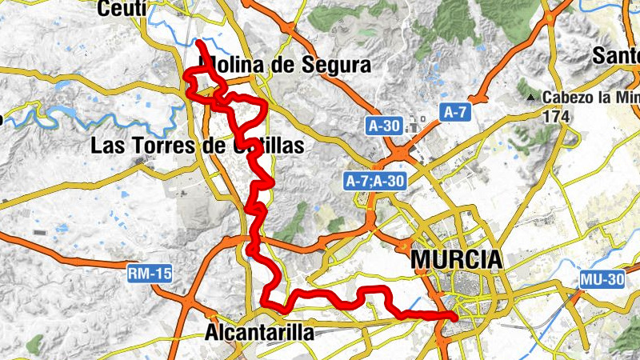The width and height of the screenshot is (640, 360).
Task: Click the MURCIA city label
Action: (456, 260)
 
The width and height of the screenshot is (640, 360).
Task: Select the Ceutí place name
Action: (121, 9)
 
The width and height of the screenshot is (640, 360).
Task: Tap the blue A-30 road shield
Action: (384, 126)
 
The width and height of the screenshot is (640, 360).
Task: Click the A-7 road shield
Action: (455, 113)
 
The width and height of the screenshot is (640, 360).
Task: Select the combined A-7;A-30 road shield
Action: (374, 182)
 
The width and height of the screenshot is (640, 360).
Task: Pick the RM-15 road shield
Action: (150, 274)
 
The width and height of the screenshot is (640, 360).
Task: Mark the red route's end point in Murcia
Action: (454, 318)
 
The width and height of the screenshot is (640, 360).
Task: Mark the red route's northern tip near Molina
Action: (198, 40)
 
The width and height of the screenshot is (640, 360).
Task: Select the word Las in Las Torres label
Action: (107, 146)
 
